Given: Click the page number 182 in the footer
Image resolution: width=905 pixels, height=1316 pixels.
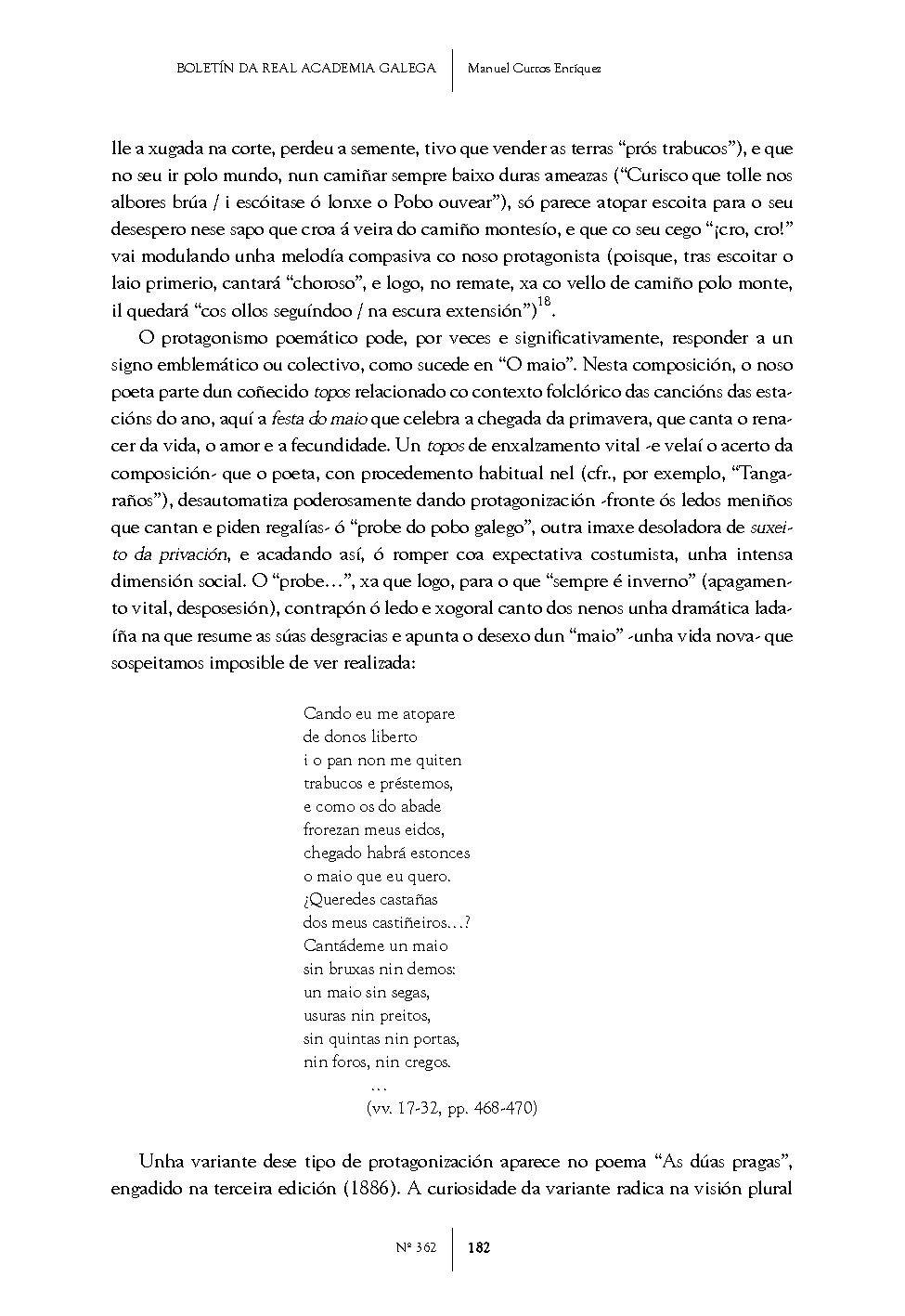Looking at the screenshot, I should point(479,1247).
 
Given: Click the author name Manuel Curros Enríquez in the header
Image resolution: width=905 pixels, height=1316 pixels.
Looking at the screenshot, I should point(534,69).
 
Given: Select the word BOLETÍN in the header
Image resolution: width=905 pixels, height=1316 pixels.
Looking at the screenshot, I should point(207,69).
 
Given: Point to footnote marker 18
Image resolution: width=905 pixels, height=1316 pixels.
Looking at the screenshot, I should point(545,302).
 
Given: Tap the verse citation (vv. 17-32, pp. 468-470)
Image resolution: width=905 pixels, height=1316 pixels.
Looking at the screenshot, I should point(453,1108).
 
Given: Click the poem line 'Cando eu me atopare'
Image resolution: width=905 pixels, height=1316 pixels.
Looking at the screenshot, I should point(379,714).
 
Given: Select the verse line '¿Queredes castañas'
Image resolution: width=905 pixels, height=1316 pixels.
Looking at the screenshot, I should point(370,899).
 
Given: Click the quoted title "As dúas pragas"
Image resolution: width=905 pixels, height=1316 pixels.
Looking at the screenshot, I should point(721,1162).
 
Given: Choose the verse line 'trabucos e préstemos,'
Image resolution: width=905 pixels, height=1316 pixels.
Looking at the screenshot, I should point(378,783).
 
